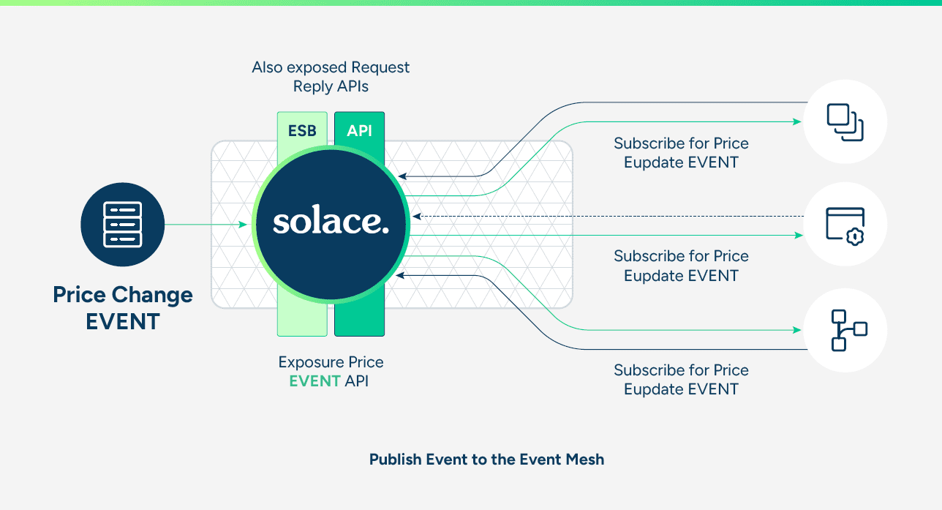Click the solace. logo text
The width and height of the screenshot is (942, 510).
click(x=330, y=222)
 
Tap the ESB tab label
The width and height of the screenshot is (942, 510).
click(x=302, y=130)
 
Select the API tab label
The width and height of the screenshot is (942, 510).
click(x=359, y=130)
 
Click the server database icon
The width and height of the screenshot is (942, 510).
click(x=122, y=224)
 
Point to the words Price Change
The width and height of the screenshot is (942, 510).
click(x=123, y=295)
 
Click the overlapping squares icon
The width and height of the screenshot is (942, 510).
click(x=845, y=121)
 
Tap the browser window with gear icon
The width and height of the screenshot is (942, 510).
click(x=845, y=224)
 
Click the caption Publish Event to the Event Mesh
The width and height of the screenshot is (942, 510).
click(x=486, y=460)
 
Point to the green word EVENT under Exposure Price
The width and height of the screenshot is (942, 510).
click(x=314, y=381)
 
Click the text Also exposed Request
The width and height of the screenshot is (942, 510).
click(x=331, y=67)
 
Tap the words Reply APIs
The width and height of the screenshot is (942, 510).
click(x=331, y=86)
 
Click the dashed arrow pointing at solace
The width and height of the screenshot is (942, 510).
click(x=607, y=216)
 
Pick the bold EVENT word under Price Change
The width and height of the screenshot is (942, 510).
click(x=123, y=322)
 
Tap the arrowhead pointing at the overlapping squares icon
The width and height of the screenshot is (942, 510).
click(x=798, y=121)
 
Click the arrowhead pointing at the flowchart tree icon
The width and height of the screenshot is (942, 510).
click(x=798, y=330)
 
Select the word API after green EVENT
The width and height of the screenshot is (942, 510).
click(x=356, y=381)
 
